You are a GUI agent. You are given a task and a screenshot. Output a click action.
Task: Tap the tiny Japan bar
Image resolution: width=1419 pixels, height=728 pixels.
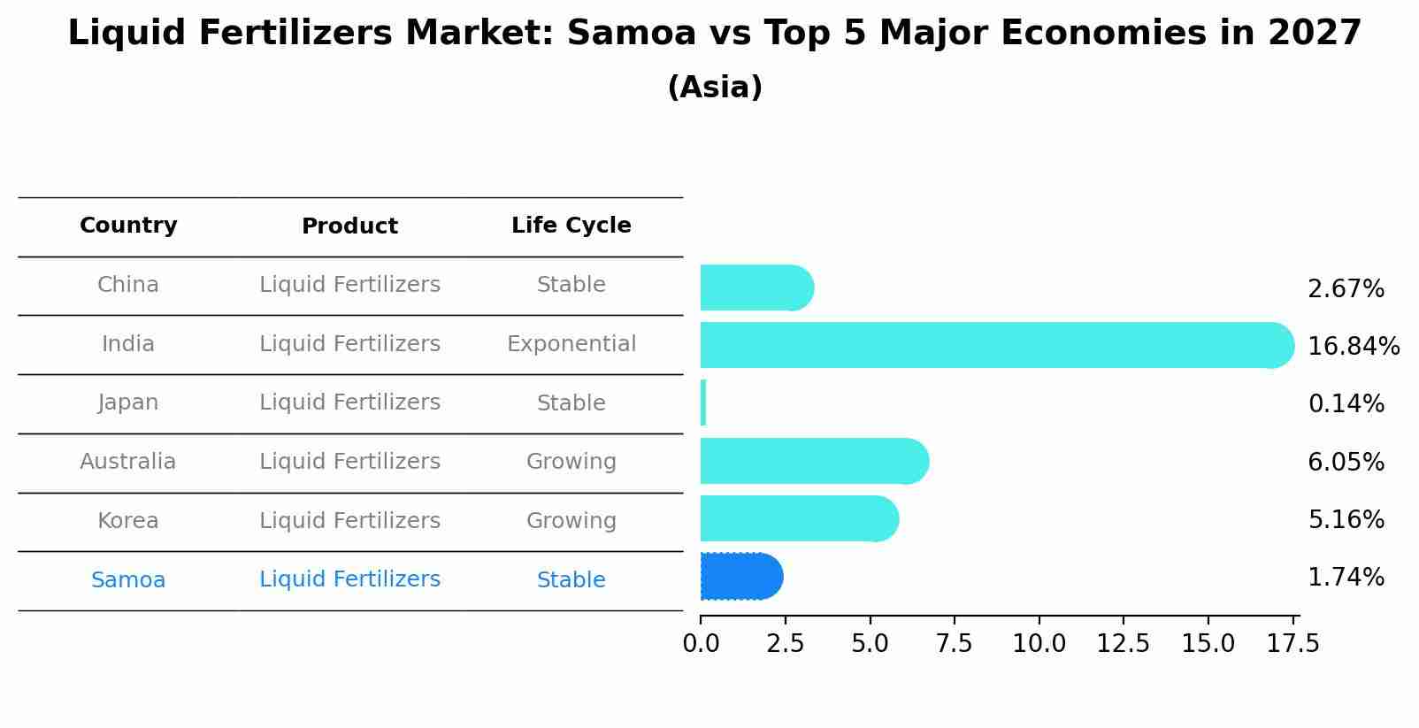click(x=703, y=403)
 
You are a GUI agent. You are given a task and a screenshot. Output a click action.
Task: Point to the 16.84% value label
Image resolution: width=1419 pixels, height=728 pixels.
click(x=1353, y=346)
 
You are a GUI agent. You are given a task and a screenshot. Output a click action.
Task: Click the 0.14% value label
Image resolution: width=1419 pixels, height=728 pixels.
click(x=1346, y=404)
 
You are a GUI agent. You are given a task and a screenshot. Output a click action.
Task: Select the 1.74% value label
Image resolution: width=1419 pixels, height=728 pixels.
click(x=1346, y=578)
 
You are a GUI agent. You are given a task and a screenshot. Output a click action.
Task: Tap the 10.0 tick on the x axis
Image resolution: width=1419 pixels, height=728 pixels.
click(x=1039, y=644)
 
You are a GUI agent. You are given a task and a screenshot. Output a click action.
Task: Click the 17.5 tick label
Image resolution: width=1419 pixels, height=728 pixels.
click(x=1292, y=644)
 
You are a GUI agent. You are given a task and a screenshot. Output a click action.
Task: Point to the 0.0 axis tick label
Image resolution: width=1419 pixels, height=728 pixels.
click(x=701, y=644)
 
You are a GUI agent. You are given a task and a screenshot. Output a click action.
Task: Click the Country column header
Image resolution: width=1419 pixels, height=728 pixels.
click(x=128, y=226)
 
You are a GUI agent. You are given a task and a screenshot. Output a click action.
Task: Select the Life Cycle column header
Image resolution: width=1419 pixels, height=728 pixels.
click(x=571, y=226)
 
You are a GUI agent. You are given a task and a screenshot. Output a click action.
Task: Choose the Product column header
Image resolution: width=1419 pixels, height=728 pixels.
click(x=349, y=226)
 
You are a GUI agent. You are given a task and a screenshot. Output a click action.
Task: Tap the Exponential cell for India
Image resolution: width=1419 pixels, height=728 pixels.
click(x=571, y=344)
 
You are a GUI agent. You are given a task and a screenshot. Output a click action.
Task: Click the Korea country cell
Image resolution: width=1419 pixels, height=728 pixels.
click(x=128, y=521)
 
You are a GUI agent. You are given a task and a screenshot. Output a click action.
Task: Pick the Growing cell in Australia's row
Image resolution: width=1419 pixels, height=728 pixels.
click(x=571, y=462)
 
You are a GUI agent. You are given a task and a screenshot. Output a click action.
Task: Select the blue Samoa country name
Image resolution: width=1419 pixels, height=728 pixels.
click(x=128, y=580)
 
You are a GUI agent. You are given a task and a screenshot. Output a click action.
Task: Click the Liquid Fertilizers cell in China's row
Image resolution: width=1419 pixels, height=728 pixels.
click(x=349, y=285)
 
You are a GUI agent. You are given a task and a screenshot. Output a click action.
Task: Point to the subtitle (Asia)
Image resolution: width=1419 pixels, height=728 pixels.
click(x=714, y=88)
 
